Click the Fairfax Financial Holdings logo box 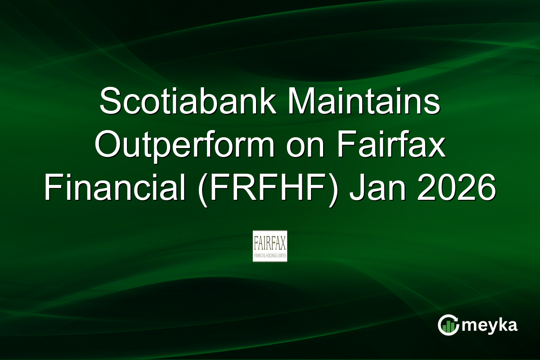coord(270,246)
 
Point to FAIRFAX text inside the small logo coord(270,243)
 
